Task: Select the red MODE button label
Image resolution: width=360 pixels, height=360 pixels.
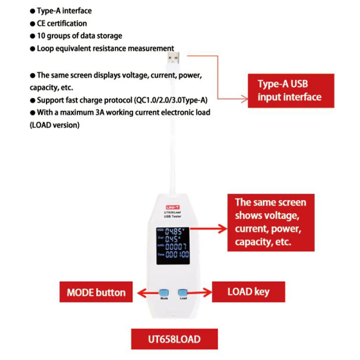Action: (x=96, y=292)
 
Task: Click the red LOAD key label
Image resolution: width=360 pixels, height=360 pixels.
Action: (x=248, y=291)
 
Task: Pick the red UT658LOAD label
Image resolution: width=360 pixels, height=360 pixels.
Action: (x=173, y=339)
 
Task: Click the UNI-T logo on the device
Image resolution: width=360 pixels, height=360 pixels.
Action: (x=172, y=207)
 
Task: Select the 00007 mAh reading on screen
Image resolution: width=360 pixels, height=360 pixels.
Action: (x=176, y=247)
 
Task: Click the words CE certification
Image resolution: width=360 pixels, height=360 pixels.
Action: (x=62, y=23)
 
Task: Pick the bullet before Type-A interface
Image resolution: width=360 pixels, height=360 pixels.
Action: (x=32, y=11)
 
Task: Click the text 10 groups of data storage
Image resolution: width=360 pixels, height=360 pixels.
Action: (x=80, y=36)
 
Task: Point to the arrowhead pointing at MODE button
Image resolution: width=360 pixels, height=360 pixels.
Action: (x=140, y=292)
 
